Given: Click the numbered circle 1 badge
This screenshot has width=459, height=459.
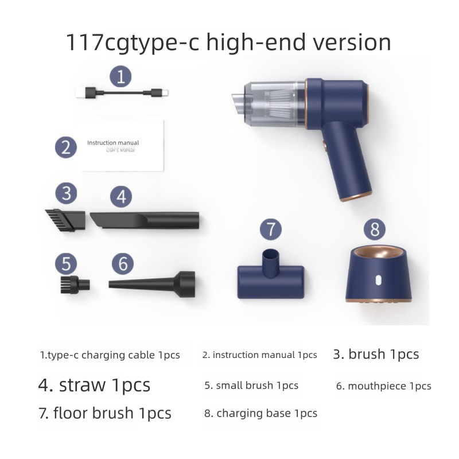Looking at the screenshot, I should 120,76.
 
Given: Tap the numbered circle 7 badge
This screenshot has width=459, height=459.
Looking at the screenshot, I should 271,229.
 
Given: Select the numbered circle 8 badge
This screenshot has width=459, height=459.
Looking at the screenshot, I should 375,229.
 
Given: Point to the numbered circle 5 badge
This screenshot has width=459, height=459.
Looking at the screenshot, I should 66,264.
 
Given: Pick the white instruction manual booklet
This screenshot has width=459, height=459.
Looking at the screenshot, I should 122,146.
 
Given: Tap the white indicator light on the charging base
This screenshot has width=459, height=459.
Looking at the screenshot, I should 379,282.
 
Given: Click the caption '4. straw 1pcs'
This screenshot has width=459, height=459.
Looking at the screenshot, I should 94,384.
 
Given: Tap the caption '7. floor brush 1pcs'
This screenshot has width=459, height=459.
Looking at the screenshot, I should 105,413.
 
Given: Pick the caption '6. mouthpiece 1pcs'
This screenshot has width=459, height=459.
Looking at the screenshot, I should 383,386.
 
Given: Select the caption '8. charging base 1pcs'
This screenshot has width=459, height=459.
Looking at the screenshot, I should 260,413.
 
